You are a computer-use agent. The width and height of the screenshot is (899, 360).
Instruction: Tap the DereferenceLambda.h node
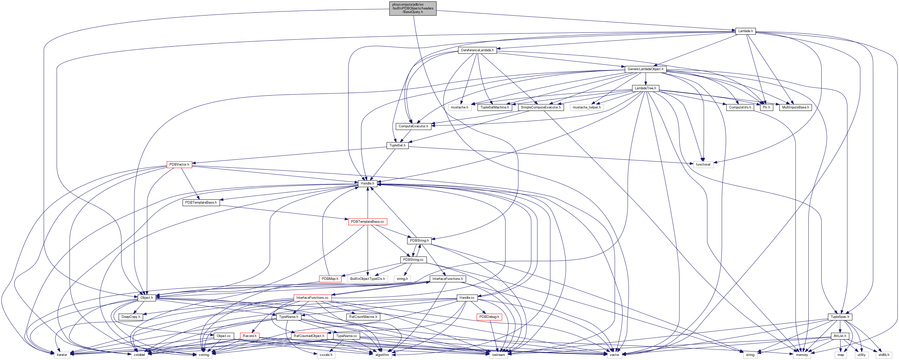(x=477, y=50)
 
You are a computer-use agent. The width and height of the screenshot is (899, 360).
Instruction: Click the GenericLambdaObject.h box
(x=645, y=69)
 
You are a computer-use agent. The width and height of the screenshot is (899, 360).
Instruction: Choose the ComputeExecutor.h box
(x=413, y=126)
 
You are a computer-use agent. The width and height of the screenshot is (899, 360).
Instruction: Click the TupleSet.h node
(x=397, y=145)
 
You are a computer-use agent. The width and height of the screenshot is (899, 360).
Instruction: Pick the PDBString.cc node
(x=413, y=260)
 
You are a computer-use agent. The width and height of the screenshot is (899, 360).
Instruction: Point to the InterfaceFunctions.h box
(x=447, y=279)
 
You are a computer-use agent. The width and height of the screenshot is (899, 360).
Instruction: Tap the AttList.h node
(x=840, y=336)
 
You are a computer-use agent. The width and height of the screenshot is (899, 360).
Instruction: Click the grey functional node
(x=703, y=165)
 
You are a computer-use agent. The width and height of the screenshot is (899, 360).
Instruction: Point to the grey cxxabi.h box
(x=326, y=355)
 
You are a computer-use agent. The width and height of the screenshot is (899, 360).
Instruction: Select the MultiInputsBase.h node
(x=795, y=107)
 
